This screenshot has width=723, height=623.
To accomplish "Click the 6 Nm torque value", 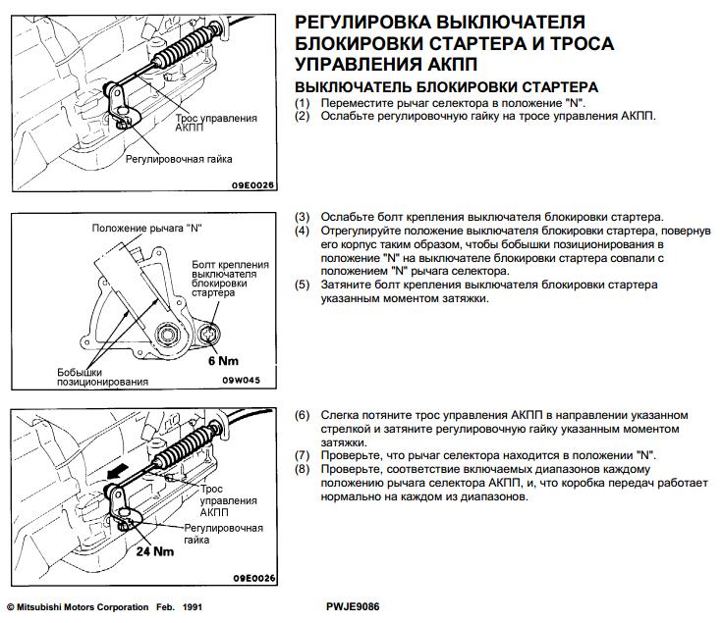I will point(223,360).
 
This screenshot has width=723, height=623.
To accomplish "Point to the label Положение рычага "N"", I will point(146,229).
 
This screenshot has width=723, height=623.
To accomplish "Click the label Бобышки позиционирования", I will point(102,378).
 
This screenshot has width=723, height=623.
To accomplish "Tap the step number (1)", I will point(303,103).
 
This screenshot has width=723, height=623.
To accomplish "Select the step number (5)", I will point(303,285).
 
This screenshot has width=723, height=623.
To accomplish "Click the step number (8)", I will point(303,469).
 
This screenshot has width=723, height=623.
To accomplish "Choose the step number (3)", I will point(303,217).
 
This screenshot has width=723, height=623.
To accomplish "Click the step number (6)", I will point(303,414).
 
